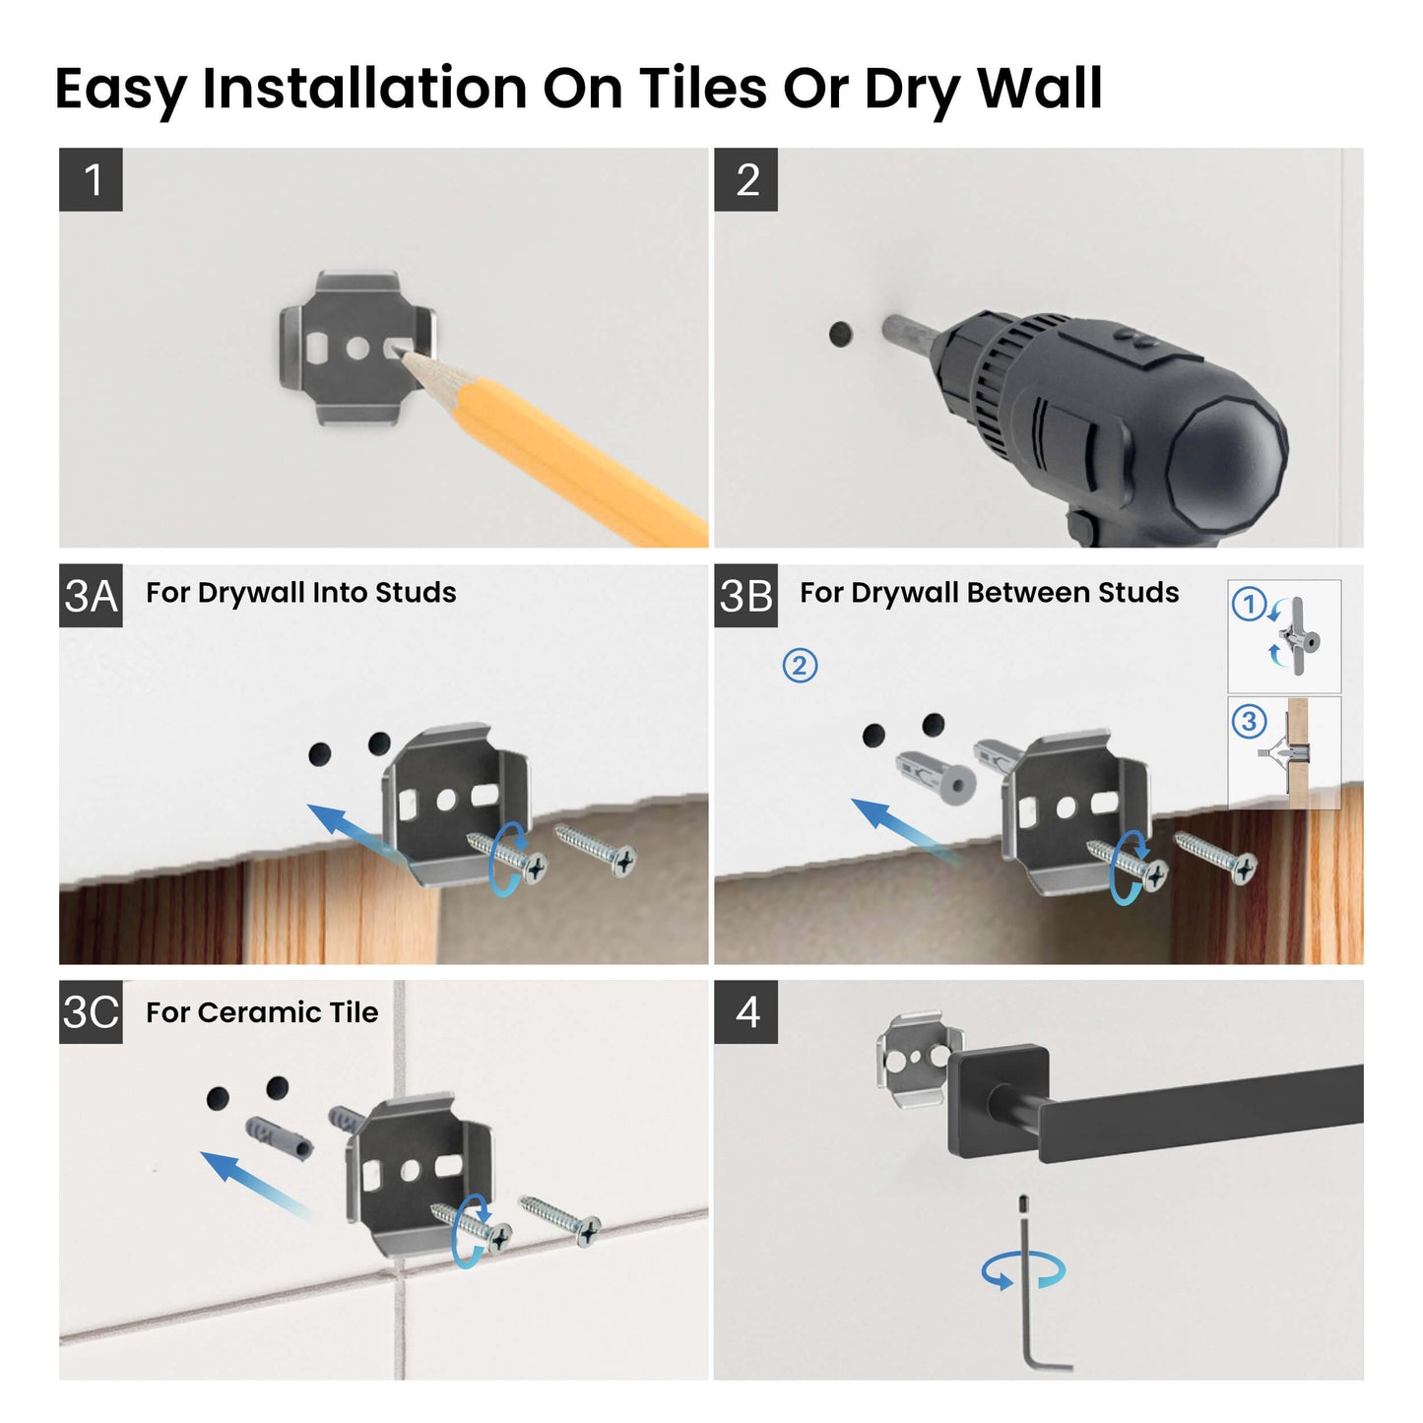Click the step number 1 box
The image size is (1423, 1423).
click(x=91, y=179)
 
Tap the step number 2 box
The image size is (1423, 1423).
click(x=745, y=179)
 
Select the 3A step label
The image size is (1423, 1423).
click(x=91, y=596)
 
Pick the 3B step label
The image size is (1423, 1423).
click(x=745, y=596)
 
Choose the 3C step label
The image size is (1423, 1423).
click(x=91, y=1011)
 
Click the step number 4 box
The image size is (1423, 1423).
click(x=745, y=1011)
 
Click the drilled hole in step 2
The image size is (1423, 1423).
click(x=840, y=334)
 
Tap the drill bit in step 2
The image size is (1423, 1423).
click(x=904, y=332)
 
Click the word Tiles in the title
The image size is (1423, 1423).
click(x=702, y=89)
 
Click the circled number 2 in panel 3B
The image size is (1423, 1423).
click(x=800, y=666)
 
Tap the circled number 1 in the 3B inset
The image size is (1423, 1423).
click(x=1249, y=604)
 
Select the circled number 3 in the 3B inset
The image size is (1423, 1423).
click(x=1249, y=721)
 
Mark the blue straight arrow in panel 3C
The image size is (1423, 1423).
click(x=254, y=1184)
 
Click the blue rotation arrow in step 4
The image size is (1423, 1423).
click(x=1023, y=1270)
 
